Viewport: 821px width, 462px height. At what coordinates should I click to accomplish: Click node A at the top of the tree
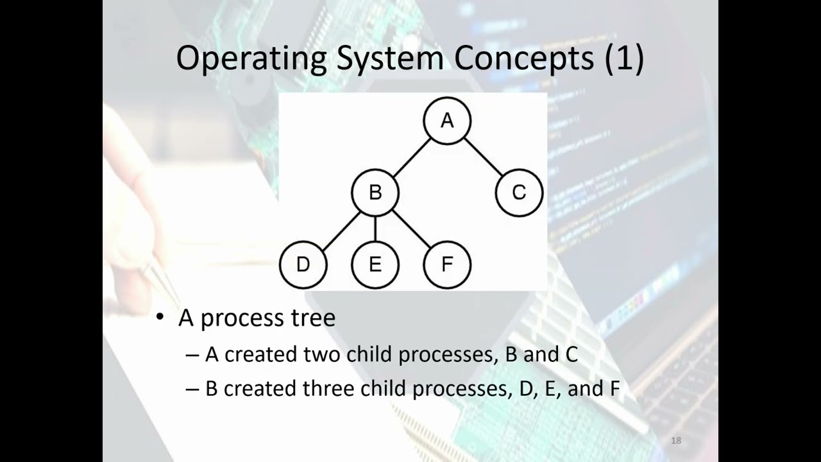pos(447,121)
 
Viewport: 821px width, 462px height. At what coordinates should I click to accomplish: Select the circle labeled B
pos(375,193)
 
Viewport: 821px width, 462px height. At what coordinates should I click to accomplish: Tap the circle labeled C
pos(519,193)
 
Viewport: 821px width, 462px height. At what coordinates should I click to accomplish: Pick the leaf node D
pos(303,264)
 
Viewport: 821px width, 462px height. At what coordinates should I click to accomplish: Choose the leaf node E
pos(375,264)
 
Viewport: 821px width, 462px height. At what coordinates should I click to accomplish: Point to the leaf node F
pos(447,264)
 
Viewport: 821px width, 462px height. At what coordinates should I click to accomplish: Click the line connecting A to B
pos(411,157)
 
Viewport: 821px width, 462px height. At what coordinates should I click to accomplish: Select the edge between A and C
pos(483,157)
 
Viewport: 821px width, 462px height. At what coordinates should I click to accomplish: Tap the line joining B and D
pos(339,228)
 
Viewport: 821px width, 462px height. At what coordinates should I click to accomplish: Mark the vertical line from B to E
pos(375,228)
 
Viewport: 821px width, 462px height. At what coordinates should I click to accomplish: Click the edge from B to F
pos(411,228)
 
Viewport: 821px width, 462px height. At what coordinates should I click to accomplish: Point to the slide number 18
pos(675,440)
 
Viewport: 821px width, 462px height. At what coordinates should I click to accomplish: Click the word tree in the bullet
pos(314,318)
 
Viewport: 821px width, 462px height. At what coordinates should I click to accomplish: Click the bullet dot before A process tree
pos(161,318)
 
